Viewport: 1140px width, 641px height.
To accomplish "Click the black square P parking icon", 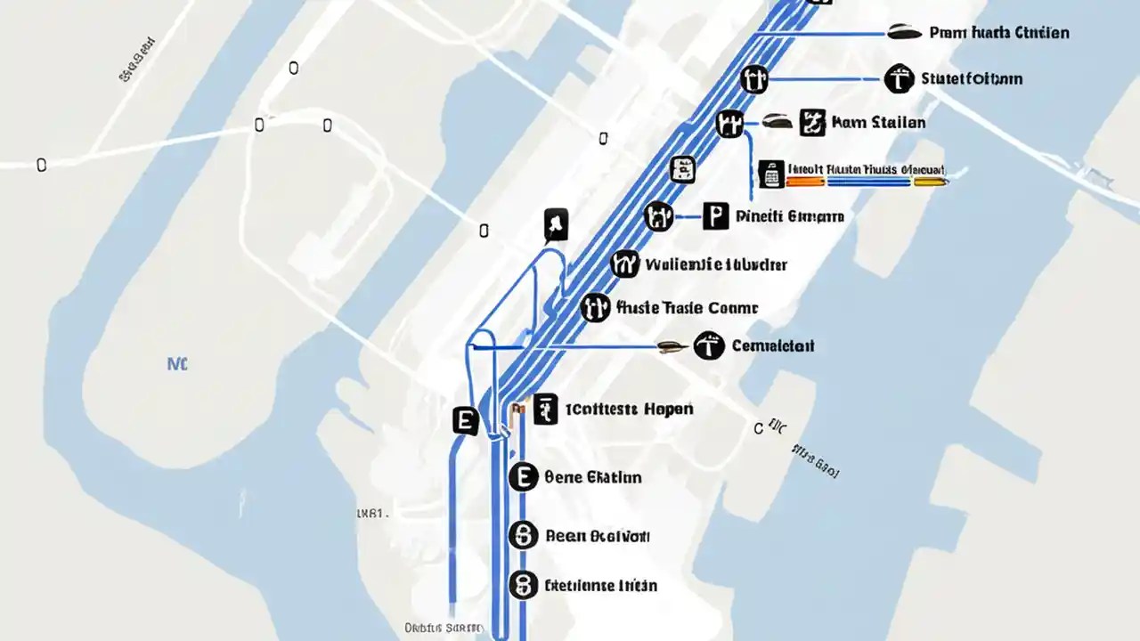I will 715,215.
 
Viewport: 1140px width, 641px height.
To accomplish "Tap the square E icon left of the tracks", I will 465,420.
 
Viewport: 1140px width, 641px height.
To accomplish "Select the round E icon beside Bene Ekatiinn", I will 523,477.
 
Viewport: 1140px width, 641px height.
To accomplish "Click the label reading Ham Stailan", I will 877,122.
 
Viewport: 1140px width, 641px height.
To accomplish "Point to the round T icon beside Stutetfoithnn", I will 900,79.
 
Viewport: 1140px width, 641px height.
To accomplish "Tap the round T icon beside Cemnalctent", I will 709,346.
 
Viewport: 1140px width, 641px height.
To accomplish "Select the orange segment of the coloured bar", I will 805,181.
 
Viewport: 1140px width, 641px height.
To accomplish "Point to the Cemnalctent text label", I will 772,345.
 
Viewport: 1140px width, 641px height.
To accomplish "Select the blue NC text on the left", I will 177,363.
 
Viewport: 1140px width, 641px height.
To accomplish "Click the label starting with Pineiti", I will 789,215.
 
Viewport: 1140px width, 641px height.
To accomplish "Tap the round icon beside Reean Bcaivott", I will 523,535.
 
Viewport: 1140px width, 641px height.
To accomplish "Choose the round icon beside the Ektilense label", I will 523,585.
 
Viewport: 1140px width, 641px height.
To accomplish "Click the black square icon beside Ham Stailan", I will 812,122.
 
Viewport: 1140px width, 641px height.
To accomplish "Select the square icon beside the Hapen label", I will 545,410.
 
